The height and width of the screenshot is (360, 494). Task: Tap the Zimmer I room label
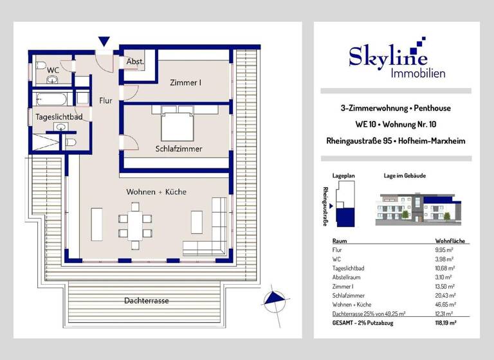(x=185, y=82)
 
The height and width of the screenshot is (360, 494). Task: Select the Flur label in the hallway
(x=105, y=100)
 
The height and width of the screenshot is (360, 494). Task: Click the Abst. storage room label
(x=134, y=62)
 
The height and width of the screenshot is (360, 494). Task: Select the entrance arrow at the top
(x=104, y=42)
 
